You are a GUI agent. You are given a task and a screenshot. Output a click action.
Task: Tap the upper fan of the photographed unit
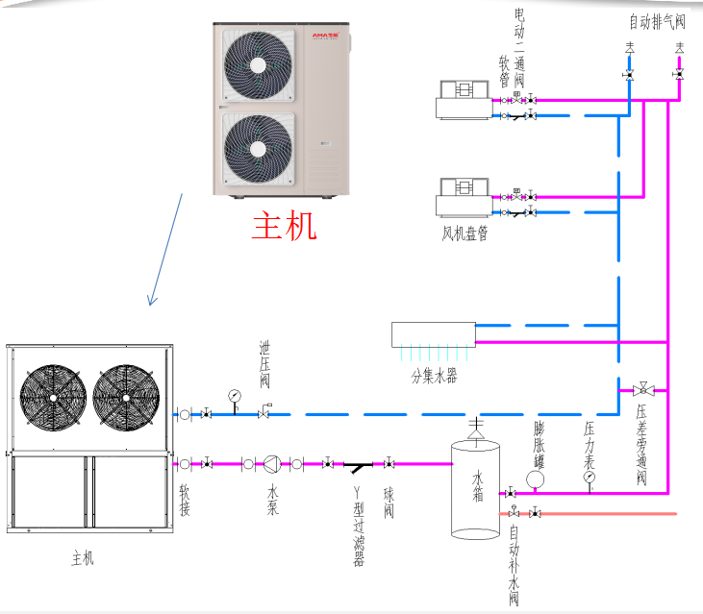coord(258,64)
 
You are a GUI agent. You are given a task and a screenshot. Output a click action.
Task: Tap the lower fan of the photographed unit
coord(258,149)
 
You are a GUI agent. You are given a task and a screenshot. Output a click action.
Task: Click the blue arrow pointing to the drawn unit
coord(164,249)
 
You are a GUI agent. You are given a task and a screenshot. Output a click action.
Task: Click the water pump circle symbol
coord(272,464)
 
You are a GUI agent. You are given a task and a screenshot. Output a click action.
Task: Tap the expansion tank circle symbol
coord(536,478)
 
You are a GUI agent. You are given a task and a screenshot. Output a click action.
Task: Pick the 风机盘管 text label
coord(464,233)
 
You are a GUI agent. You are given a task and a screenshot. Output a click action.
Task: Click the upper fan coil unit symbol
coord(464,100)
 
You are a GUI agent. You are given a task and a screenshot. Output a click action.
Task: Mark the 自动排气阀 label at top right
coord(657,22)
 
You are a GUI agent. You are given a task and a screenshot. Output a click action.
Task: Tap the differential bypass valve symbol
coord(643,389)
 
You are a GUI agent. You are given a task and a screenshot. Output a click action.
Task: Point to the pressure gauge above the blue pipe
coord(234,395)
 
